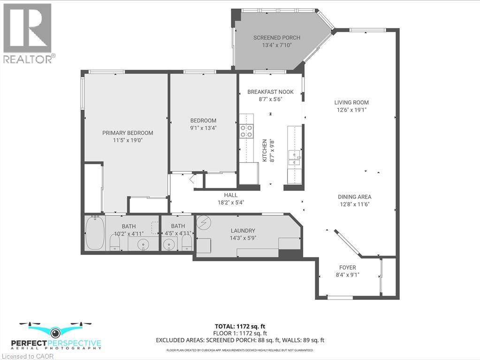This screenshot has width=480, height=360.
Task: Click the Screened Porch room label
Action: [x=277, y=38]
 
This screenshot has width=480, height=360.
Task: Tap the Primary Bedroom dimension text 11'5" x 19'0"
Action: [x=128, y=140]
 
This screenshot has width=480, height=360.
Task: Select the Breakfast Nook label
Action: [x=270, y=92]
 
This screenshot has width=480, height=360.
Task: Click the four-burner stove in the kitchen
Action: [x=246, y=130]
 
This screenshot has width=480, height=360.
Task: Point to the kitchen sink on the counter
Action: [x=294, y=158]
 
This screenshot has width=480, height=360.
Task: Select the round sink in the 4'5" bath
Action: [x=168, y=245]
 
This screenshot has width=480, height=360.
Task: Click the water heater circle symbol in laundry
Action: [x=204, y=222]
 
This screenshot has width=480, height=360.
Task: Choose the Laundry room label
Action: [x=243, y=230]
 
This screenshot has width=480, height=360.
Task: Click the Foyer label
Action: [x=348, y=268]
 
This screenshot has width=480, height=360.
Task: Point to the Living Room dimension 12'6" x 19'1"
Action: [x=351, y=110]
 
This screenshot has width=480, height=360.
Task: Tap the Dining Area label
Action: [x=355, y=197]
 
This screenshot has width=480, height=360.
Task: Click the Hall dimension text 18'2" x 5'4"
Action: [x=230, y=202]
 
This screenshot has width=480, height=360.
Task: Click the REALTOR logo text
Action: [x=30, y=59]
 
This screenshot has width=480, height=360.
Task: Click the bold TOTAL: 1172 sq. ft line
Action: [x=237, y=326]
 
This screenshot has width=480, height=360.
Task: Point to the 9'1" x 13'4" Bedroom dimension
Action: [x=203, y=128]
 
